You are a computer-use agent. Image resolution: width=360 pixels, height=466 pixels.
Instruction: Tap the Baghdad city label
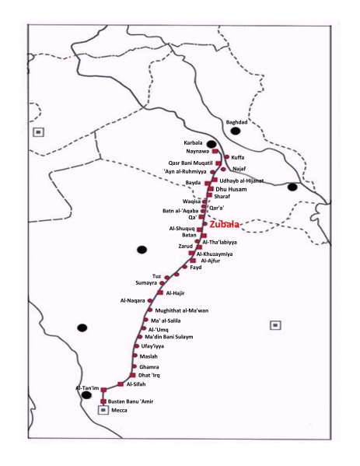(236, 122)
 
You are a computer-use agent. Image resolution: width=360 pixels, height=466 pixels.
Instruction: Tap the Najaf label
(239, 167)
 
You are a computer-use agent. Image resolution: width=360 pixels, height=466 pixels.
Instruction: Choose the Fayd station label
(195, 267)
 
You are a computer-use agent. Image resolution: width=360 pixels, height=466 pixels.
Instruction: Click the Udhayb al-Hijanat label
(242, 180)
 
